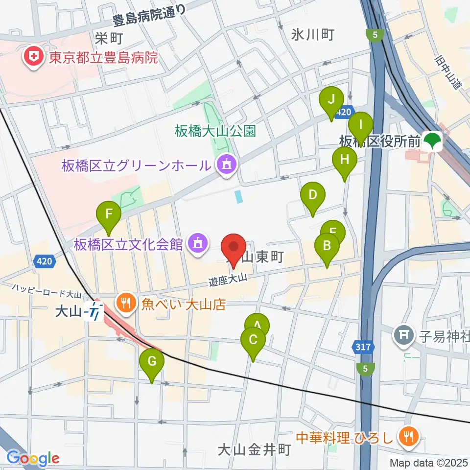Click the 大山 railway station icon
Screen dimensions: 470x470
(93, 311)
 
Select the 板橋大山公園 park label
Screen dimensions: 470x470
(215, 131)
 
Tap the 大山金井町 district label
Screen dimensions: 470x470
(255, 449)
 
